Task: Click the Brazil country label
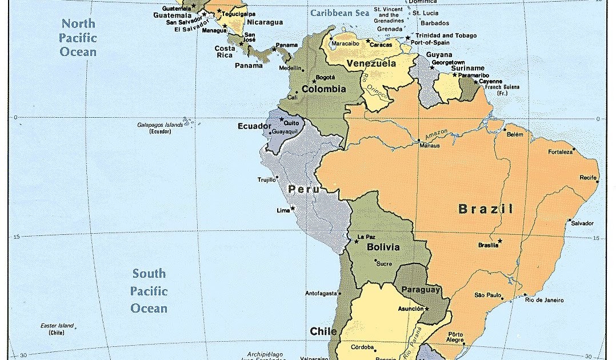(486, 209)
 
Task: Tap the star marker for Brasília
(499, 241)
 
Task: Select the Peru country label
(303, 189)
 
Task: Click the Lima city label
(283, 210)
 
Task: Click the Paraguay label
(421, 290)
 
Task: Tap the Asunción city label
(410, 309)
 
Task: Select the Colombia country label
(324, 89)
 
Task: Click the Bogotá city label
(325, 77)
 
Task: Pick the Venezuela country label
(371, 63)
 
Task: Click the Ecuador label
(254, 126)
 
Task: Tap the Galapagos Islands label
(160, 125)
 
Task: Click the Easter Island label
(57, 326)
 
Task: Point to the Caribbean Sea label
(338, 13)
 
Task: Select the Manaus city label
(430, 146)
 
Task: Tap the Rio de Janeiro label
(545, 300)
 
